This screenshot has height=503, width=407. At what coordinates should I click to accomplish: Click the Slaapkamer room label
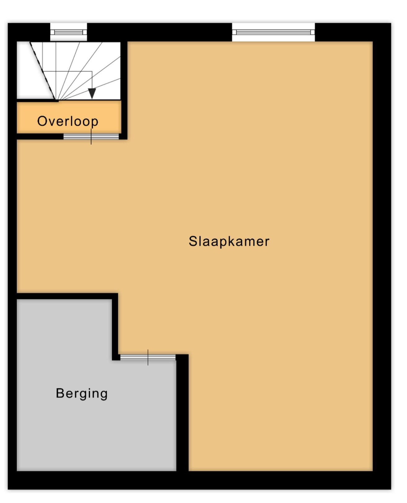tap(229, 242)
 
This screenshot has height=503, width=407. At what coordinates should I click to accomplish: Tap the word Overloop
tap(68, 121)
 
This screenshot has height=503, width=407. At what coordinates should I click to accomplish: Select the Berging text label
tap(82, 393)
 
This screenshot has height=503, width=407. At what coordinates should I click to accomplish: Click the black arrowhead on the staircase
tap(92, 93)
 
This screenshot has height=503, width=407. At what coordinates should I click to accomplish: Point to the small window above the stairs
tap(69, 32)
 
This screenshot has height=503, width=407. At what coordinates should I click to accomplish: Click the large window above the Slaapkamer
tap(273, 32)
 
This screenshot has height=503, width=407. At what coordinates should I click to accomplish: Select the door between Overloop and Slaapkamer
tap(91, 137)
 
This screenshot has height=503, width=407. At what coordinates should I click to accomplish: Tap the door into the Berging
tap(148, 357)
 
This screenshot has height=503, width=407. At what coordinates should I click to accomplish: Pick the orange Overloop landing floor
tap(69, 117)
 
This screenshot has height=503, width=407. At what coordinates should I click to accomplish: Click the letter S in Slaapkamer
tap(193, 241)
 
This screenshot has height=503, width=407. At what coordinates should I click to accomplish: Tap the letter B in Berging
tap(60, 393)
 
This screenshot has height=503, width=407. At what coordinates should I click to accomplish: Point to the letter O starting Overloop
tap(42, 121)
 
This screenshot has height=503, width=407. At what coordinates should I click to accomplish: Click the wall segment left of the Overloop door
tap(40, 136)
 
